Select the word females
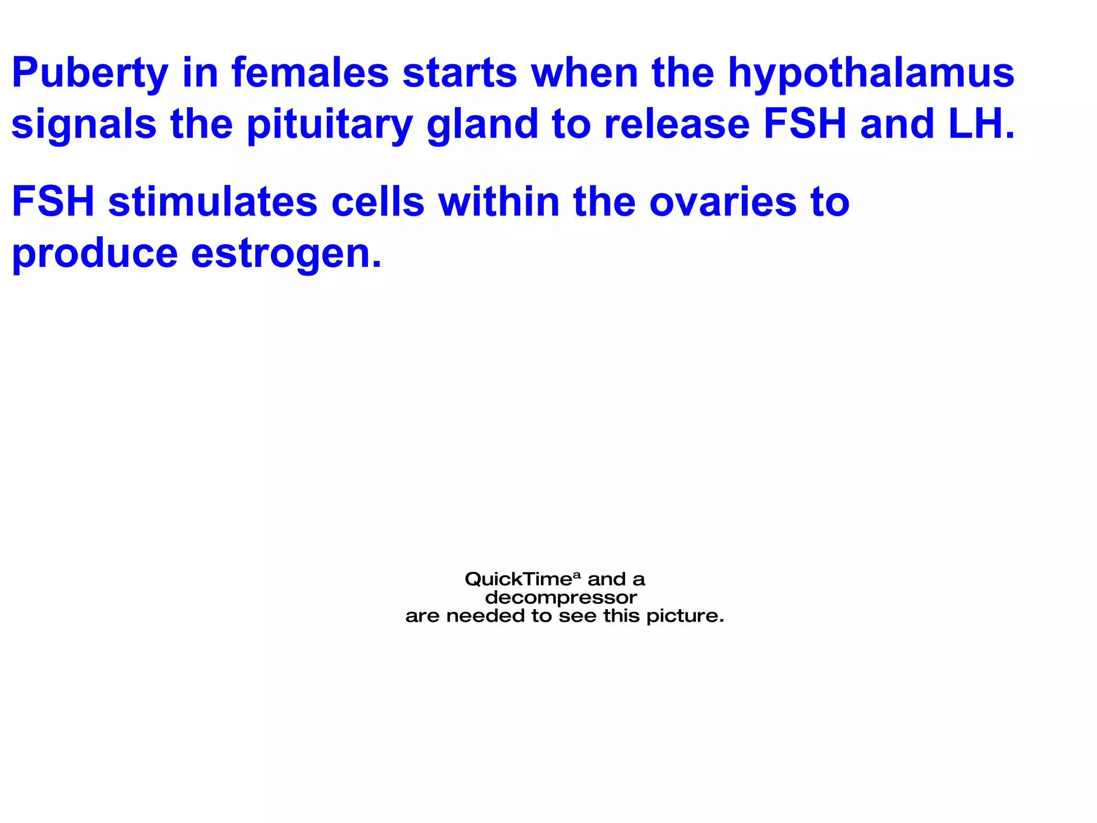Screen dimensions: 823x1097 pyautogui.click(x=310, y=73)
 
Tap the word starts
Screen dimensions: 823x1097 pyautogui.click(x=460, y=73)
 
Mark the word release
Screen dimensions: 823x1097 pyautogui.click(x=677, y=124)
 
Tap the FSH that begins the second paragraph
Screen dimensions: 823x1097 pyautogui.click(x=53, y=202)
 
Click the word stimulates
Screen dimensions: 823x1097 pyautogui.click(x=213, y=202)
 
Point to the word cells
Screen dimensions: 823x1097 pyautogui.click(x=378, y=202)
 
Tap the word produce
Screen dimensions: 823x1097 pyautogui.click(x=95, y=254)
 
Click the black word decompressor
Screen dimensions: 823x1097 pyautogui.click(x=561, y=598)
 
